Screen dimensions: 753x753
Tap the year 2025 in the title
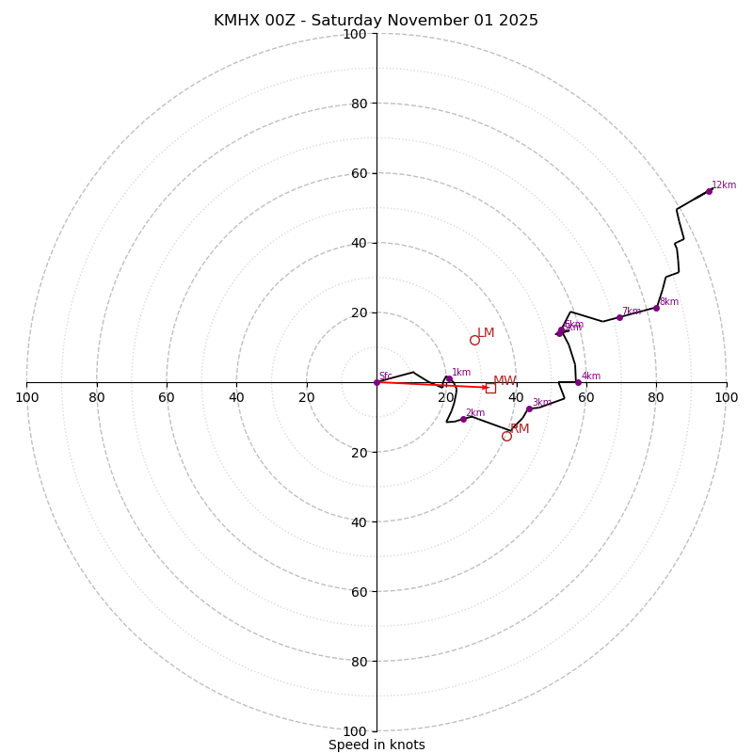point(516,21)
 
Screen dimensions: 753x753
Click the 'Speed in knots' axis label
point(376,745)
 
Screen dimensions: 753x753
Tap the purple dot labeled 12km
point(709,191)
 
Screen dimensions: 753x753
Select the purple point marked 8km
point(656,308)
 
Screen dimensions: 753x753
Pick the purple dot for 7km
point(619,317)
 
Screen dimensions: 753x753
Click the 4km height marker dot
point(578,382)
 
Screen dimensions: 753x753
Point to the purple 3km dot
point(529,409)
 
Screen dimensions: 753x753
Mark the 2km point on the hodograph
point(463,419)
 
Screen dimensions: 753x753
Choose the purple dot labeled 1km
point(449,378)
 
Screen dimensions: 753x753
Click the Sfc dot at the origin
point(376,382)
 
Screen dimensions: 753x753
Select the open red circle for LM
point(474,340)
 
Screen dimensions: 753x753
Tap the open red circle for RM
point(506,436)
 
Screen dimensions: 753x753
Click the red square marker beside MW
point(490,388)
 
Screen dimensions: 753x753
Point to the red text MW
point(505,381)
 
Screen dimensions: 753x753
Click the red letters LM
point(486,333)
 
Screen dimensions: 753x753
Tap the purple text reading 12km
point(724,185)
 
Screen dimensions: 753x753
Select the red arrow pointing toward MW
point(433,385)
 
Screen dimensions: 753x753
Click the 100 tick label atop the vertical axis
point(355,34)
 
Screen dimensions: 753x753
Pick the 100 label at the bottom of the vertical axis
point(355,731)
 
